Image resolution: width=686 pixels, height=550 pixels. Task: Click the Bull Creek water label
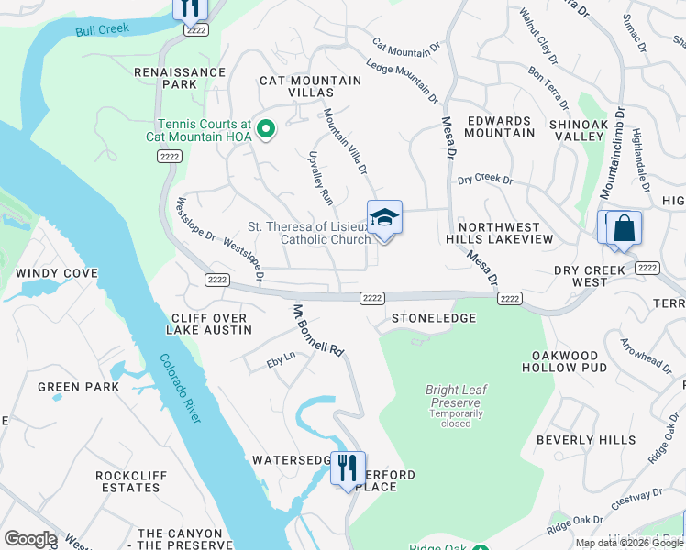click(x=102, y=29)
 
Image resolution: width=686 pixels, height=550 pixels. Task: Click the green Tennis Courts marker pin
click(x=266, y=129)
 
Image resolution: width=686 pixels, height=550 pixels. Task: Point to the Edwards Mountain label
click(x=499, y=126)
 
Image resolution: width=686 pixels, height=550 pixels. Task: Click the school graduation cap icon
click(x=384, y=217)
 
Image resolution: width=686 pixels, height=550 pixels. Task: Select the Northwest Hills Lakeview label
click(x=506, y=233)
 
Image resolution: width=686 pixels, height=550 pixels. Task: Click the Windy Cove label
click(x=57, y=273)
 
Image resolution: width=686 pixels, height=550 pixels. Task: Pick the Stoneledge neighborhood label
click(x=434, y=318)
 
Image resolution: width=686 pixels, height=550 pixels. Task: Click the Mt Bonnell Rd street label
click(x=317, y=331)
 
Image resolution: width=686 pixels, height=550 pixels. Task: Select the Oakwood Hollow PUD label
click(x=565, y=361)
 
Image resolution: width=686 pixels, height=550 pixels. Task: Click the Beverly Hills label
click(x=586, y=440)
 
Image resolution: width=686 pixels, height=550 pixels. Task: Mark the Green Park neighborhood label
click(x=79, y=387)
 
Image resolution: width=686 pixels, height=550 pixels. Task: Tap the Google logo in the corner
click(x=29, y=539)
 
